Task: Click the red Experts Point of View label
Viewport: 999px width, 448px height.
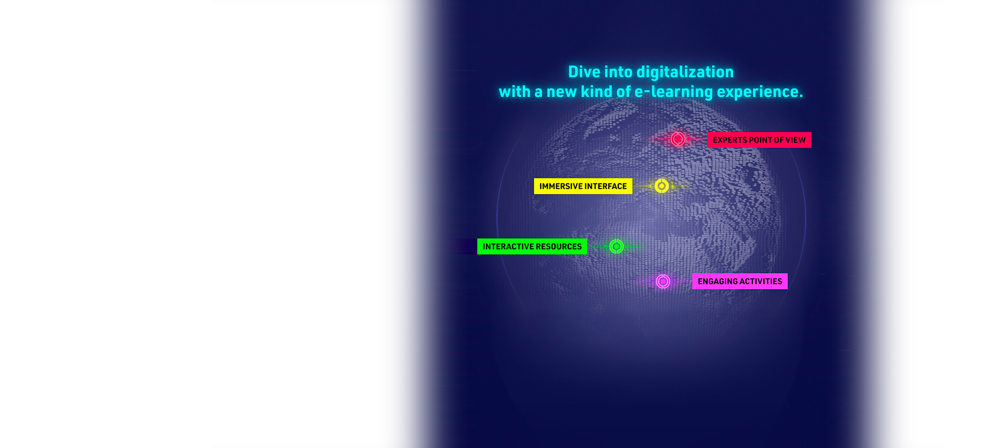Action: (759, 140)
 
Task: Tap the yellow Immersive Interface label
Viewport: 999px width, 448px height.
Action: (583, 186)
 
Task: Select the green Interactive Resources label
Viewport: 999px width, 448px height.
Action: (532, 247)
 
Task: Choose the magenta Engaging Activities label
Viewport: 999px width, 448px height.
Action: (740, 281)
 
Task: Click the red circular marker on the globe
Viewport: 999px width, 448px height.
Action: (677, 139)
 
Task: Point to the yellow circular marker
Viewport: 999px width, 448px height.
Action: (662, 186)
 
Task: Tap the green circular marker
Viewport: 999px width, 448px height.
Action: (617, 246)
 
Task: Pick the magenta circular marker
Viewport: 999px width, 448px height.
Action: (663, 281)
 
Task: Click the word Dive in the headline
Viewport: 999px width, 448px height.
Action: (584, 72)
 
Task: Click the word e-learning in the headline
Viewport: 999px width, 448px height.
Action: (674, 92)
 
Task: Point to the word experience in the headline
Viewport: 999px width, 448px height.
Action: (760, 92)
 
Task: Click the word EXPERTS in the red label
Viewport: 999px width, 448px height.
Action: (729, 140)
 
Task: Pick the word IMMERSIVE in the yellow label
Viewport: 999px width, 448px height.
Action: (561, 186)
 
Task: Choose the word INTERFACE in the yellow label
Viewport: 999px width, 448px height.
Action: (606, 186)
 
